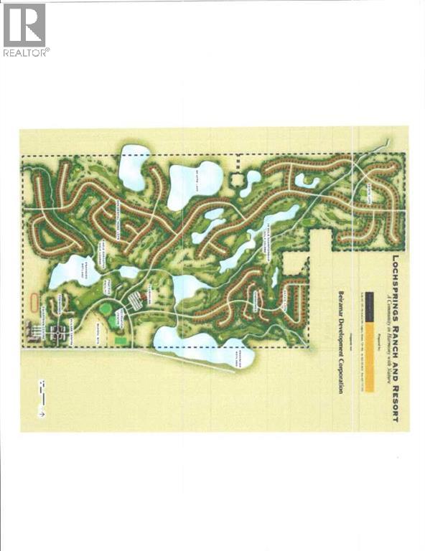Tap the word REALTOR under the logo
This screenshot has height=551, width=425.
(26, 52)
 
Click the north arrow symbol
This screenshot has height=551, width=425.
(42, 413)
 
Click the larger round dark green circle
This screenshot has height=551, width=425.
(106, 309)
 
